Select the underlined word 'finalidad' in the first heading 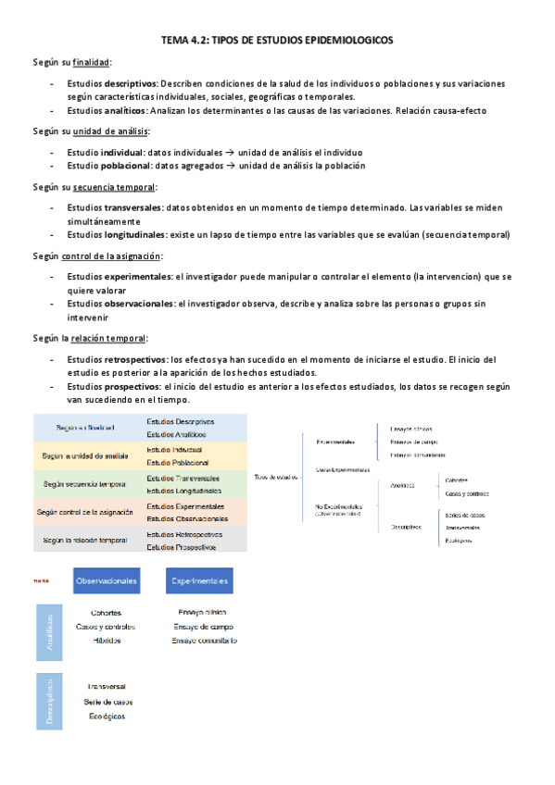tap(91, 62)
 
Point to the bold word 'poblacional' tap(118, 166)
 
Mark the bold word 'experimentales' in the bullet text tap(139, 277)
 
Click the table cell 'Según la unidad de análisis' tap(84, 455)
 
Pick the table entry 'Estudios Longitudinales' tap(184, 490)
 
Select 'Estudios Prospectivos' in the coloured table tap(182, 547)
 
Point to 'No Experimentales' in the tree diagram tap(337, 507)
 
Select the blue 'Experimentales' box tap(199, 581)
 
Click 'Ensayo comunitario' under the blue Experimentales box tap(205, 641)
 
